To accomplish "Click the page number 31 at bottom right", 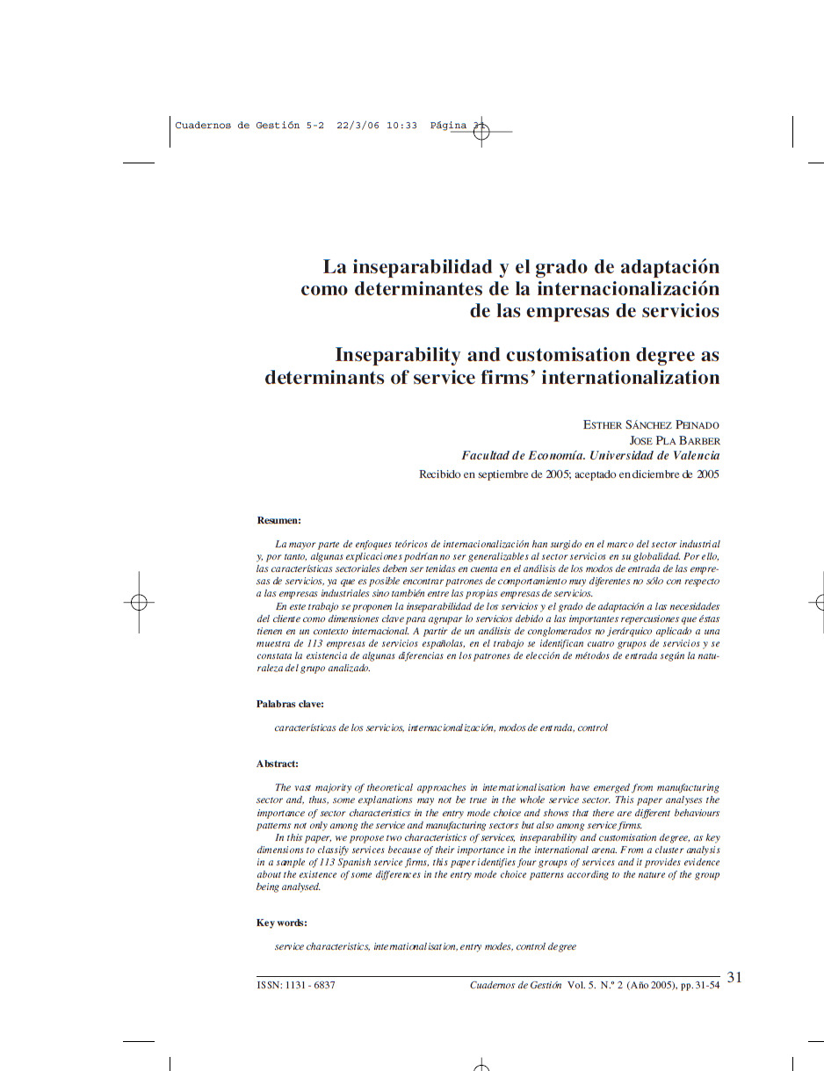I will (x=734, y=977).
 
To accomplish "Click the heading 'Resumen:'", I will (x=278, y=521).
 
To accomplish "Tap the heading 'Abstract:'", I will (x=278, y=763).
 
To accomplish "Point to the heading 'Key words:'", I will (x=281, y=923).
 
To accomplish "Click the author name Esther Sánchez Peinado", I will (x=651, y=425).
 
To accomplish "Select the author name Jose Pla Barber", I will (x=674, y=440).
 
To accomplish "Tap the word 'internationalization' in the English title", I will (x=630, y=378).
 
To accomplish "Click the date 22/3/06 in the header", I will (x=358, y=126).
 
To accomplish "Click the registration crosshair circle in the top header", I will (x=481, y=132).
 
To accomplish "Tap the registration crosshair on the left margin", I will (x=138, y=602).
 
